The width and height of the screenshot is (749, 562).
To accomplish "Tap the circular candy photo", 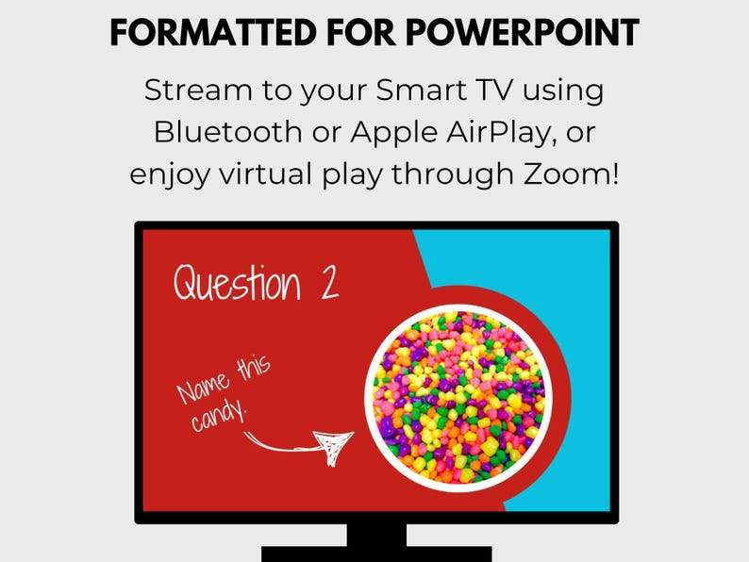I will point(455,393).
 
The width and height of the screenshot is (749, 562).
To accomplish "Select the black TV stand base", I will point(376,553).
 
